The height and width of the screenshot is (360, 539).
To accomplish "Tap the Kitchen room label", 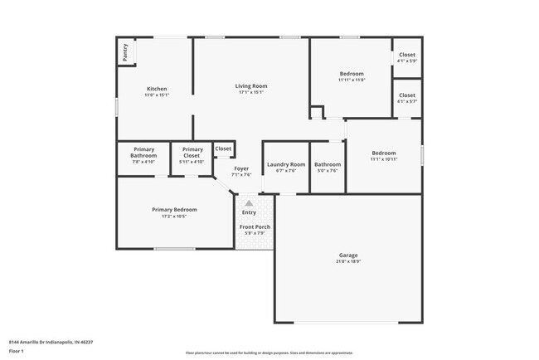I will pos(157,89).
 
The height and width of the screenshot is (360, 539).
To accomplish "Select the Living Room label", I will pos(250,85).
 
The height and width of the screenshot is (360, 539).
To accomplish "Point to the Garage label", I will pos(348,255).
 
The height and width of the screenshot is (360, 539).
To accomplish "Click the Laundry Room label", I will pos(286,164).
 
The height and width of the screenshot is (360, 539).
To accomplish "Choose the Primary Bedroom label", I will pos(174,210).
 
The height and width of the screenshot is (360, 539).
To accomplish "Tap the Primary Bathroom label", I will pos(143,153).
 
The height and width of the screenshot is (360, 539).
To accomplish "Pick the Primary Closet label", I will pos(192,153).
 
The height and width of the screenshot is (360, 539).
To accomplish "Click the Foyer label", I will pos(241,168).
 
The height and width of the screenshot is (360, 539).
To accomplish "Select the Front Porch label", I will pos(255,226).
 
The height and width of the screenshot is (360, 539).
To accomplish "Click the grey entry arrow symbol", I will pos(249,202).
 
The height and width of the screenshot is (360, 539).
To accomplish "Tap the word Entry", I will pos(249,212).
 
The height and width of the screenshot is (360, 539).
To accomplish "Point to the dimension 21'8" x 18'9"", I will pos(348,261).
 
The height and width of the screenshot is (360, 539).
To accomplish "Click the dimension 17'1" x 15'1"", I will pos(250,92).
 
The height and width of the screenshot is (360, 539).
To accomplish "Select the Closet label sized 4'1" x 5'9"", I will pos(406,55).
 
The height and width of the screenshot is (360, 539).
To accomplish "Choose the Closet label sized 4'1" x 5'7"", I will pos(406,95).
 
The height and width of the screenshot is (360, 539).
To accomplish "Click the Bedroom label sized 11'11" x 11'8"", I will pos(352,73).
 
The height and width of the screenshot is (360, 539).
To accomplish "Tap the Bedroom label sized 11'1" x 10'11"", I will pos(384,153).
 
